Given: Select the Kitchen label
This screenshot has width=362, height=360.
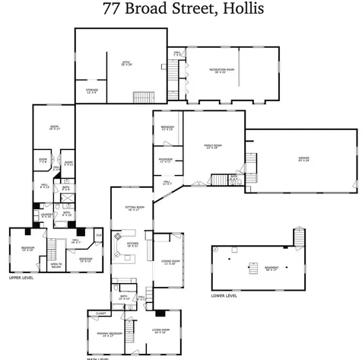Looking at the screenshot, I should click(x=132, y=244).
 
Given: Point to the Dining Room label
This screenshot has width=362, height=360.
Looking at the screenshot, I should click(x=168, y=263).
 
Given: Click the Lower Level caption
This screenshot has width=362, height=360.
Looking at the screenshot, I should click(x=224, y=295).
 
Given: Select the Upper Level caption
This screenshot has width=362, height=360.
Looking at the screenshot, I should click(x=21, y=279).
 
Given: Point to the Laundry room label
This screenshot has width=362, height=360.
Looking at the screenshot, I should click(x=46, y=216).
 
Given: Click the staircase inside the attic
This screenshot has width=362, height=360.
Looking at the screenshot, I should click(x=141, y=97).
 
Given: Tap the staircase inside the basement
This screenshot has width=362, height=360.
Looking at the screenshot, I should click(x=251, y=266).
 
